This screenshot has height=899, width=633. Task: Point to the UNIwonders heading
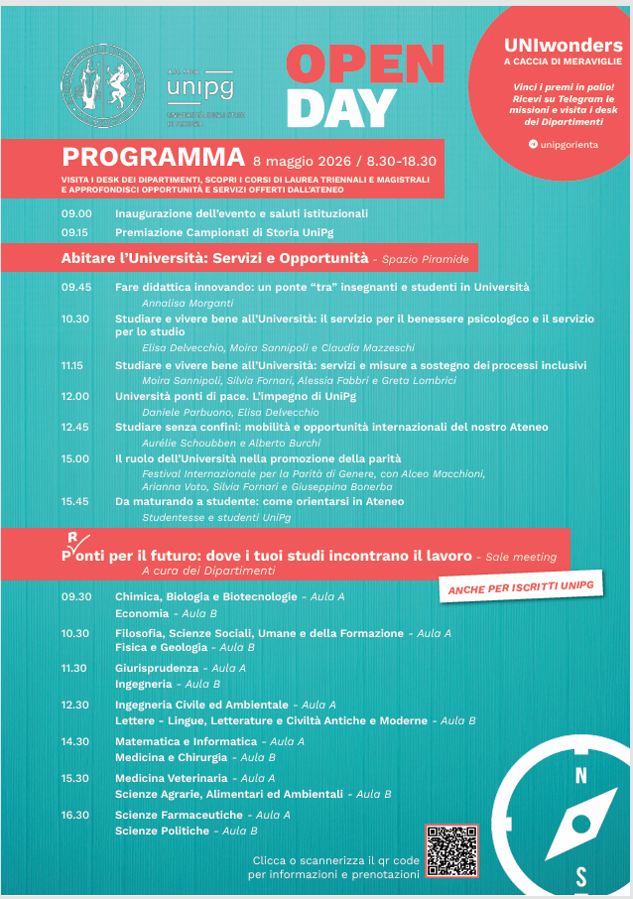563,46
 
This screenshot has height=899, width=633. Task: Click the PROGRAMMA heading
153,157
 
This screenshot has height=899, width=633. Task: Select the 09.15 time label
75,232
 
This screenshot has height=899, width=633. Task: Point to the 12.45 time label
75,427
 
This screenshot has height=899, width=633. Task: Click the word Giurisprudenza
157,669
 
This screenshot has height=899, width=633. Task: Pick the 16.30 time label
75,815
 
